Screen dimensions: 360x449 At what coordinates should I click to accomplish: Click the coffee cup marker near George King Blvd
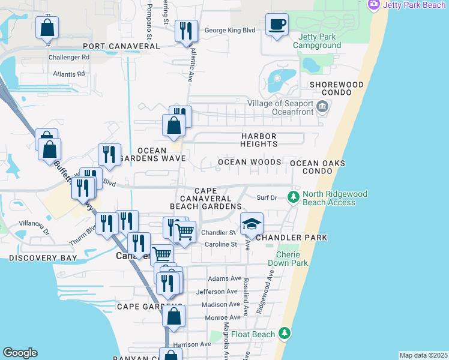(277, 25)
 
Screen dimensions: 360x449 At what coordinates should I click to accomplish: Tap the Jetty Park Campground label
(316, 41)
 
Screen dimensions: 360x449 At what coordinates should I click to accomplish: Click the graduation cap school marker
(252, 224)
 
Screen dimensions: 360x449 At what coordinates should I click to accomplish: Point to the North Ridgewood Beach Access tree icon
(293, 196)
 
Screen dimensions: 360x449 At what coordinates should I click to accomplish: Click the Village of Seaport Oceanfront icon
(322, 107)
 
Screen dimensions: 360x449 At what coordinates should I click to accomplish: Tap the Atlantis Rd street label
(69, 74)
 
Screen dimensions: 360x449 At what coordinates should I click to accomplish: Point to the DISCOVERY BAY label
(43, 258)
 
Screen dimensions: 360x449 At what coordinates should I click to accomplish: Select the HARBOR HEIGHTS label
(259, 140)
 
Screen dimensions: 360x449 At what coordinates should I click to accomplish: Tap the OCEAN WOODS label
(249, 162)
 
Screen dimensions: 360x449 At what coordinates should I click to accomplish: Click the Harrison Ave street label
(192, 344)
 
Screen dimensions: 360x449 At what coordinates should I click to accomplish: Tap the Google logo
(20, 353)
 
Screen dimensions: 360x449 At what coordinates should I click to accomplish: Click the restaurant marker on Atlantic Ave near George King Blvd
(186, 31)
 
